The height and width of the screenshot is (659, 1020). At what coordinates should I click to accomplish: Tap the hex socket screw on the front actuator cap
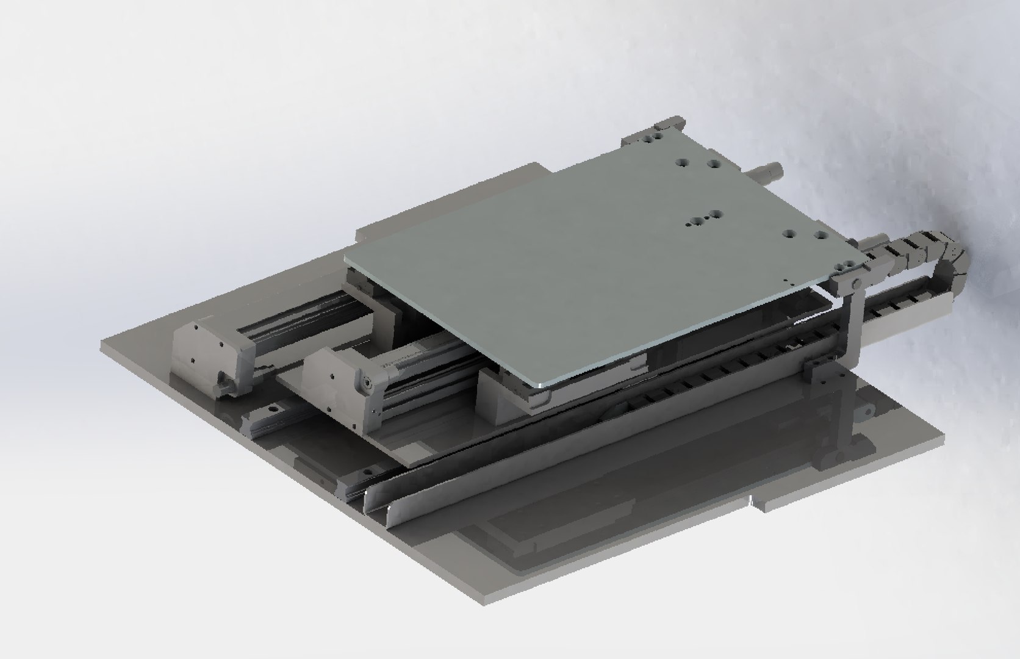pos(367,381)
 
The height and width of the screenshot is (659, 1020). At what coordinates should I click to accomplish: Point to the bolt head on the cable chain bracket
pos(856,284)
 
